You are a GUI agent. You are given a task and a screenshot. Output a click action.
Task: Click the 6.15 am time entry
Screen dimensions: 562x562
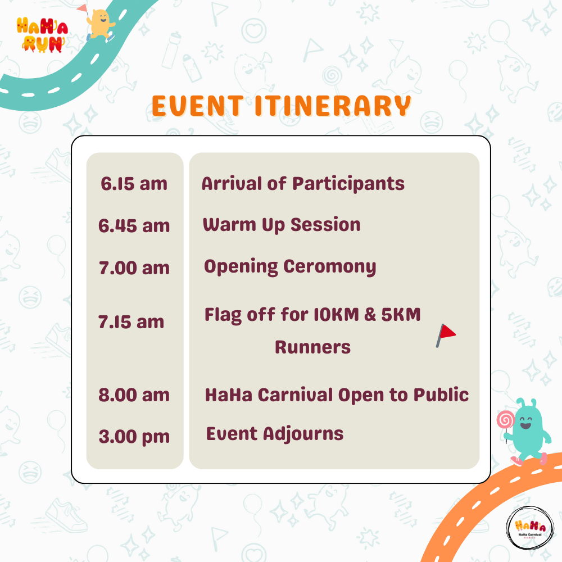(x=134, y=184)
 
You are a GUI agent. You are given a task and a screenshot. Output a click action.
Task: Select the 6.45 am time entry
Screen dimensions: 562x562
(x=134, y=226)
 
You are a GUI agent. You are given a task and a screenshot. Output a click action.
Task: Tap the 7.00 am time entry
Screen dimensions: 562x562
(x=134, y=268)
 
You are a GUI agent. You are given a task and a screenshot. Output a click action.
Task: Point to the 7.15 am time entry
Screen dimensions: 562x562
(x=131, y=322)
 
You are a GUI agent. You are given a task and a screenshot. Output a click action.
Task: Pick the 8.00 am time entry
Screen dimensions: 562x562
(x=134, y=395)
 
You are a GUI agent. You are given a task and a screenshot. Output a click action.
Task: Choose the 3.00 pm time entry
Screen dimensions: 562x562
(x=134, y=437)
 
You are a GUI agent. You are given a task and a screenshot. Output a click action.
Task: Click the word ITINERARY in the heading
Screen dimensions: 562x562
(x=333, y=106)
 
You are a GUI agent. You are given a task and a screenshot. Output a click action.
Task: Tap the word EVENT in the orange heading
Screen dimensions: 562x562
(x=198, y=106)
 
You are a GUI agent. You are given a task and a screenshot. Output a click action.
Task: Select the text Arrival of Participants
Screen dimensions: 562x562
(x=303, y=184)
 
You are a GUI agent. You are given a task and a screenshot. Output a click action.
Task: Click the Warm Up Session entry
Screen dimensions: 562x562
(x=282, y=225)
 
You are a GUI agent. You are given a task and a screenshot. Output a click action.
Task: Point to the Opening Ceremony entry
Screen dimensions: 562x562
(x=290, y=268)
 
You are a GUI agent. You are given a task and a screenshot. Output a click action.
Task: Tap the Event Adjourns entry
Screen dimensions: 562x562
(x=275, y=434)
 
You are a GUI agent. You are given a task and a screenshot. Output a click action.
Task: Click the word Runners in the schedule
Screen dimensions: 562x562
(x=312, y=347)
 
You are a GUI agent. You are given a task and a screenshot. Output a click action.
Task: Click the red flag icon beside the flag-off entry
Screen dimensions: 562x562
(x=446, y=336)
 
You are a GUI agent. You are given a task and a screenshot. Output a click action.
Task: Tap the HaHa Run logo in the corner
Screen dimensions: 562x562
(x=42, y=35)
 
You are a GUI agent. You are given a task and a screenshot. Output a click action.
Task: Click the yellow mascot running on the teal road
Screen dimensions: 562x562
(x=101, y=24)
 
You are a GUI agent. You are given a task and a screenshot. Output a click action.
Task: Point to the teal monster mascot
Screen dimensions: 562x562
(x=528, y=430)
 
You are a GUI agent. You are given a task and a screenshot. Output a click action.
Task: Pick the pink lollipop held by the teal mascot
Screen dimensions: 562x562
(x=505, y=420)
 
